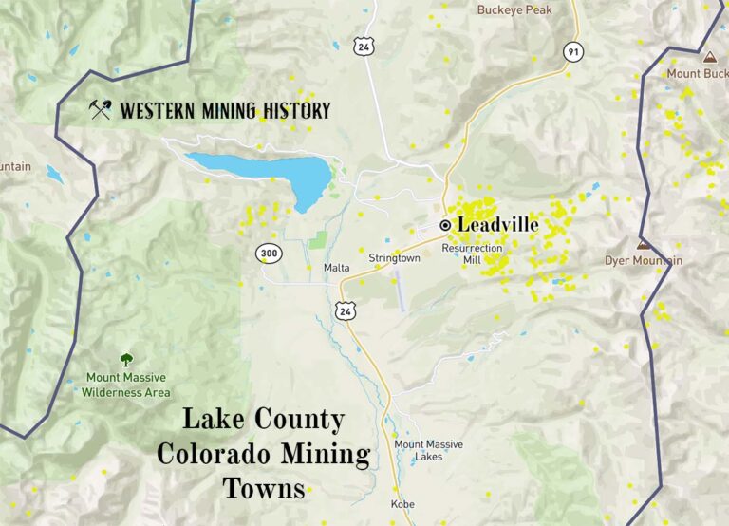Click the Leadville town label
click(x=497, y=225)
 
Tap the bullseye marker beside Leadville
click(x=445, y=225)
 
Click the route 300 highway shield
click(x=268, y=253)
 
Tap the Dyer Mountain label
click(x=643, y=260)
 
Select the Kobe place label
click(x=402, y=504)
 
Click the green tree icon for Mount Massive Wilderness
click(x=125, y=359)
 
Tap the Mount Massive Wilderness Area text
click(x=125, y=385)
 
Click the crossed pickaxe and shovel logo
click(x=100, y=110)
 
